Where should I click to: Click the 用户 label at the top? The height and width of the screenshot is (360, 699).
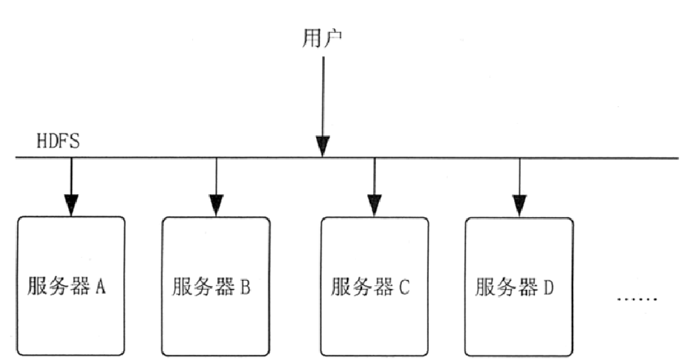322,40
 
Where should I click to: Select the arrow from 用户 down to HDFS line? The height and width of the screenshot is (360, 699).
322,98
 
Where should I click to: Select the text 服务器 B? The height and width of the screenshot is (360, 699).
212,287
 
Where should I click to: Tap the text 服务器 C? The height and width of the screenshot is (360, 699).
370,287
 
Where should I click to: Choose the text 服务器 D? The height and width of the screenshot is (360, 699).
515,287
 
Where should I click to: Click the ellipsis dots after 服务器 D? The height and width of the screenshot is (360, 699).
637,300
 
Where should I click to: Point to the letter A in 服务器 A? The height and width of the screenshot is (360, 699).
100,287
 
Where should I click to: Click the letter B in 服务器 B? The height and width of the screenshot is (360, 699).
245,287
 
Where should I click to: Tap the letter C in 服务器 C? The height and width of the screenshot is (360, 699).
404,287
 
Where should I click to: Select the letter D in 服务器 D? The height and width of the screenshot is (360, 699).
549,287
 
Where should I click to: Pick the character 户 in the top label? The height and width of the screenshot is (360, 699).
333,40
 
